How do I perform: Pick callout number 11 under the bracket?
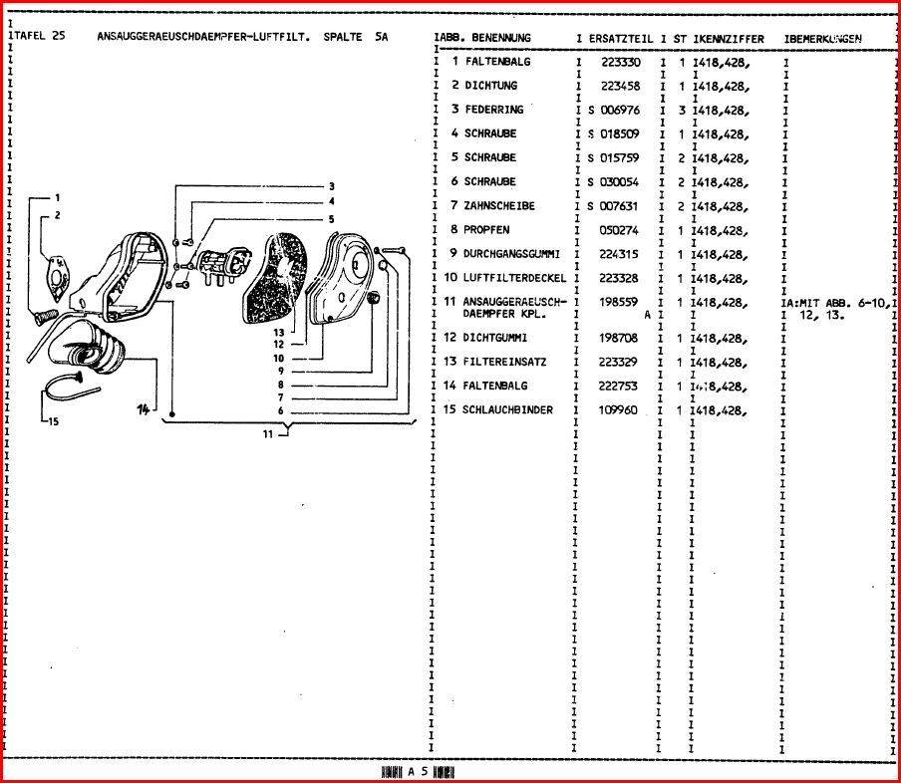(268, 433)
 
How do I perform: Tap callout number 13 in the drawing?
(279, 333)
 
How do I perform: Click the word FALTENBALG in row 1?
(497, 62)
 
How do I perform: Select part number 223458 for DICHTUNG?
(620, 86)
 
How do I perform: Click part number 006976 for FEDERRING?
(620, 110)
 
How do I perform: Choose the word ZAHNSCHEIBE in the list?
(499, 206)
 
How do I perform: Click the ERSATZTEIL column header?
(620, 39)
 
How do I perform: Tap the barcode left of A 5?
(392, 772)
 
